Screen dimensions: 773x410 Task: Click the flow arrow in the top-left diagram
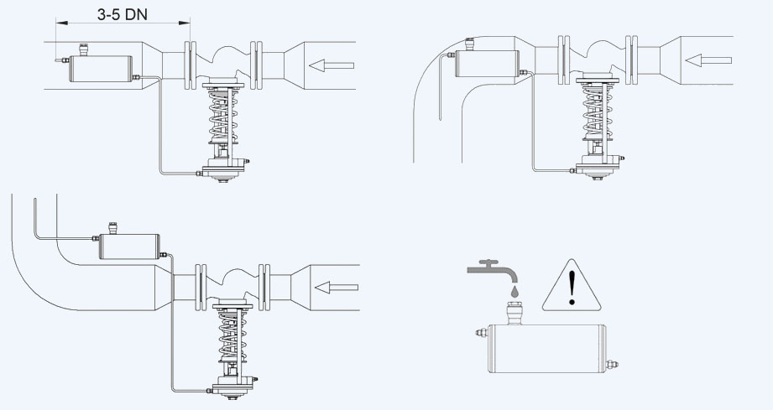(x=332, y=65)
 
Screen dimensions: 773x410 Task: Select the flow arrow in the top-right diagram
(x=708, y=60)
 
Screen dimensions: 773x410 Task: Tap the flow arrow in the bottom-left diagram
(x=337, y=287)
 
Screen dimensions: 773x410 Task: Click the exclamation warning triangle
(x=572, y=286)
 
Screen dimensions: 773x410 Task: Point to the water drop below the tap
(x=514, y=290)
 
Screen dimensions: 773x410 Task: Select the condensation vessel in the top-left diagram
(x=101, y=68)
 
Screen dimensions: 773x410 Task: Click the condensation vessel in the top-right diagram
(x=488, y=64)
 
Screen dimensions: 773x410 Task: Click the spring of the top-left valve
(x=222, y=117)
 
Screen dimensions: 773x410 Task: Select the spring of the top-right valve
(x=598, y=113)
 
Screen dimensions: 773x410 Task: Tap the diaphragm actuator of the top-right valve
(x=598, y=168)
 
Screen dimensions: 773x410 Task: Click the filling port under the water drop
(x=514, y=313)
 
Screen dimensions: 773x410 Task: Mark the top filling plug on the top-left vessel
(x=83, y=49)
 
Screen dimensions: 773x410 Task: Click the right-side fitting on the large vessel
(x=613, y=365)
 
